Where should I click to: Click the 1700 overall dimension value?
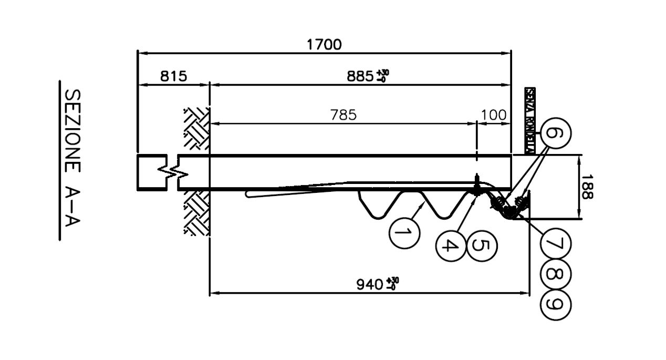pyautogui.click(x=324, y=45)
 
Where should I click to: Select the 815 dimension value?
pyautogui.click(x=173, y=77)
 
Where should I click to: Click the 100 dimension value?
pyautogui.click(x=494, y=115)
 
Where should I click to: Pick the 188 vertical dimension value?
pyautogui.click(x=587, y=187)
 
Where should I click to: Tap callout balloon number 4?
pyautogui.click(x=450, y=245)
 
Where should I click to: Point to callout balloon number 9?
pyautogui.click(x=555, y=304)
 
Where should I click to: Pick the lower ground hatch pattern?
pyautogui.click(x=196, y=213)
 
